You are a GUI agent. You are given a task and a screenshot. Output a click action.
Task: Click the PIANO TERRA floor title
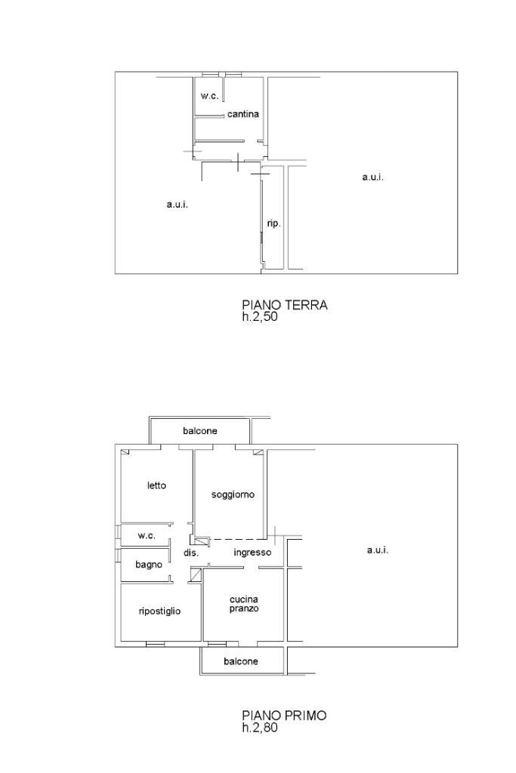284,305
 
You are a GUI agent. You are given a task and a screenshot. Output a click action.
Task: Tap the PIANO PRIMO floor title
284,715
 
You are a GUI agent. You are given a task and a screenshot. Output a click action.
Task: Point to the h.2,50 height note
260,317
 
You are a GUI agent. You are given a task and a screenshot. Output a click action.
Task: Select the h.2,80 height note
260,728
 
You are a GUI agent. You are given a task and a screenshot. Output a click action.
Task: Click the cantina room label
243,115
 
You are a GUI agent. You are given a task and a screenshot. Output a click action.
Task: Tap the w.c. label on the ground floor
209,96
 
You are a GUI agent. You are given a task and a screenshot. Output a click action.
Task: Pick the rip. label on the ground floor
273,223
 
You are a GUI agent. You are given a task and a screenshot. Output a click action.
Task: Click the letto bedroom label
156,485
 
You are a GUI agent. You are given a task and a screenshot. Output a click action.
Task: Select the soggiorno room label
233,495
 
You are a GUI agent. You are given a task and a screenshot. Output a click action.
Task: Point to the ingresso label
252,553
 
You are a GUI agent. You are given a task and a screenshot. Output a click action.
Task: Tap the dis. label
190,553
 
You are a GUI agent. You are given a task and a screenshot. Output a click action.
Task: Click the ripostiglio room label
159,611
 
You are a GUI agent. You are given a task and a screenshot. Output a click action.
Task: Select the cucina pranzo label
244,604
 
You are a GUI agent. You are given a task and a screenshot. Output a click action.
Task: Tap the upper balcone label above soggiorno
200,431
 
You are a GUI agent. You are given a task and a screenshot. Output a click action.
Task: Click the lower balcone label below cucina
241,661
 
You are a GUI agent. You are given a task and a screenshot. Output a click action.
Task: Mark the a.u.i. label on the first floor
377,550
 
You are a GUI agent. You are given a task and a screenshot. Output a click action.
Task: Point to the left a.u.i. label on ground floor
178,205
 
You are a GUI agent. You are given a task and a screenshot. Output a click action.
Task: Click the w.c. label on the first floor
147,535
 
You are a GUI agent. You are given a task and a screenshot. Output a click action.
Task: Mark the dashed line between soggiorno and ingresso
238,539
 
